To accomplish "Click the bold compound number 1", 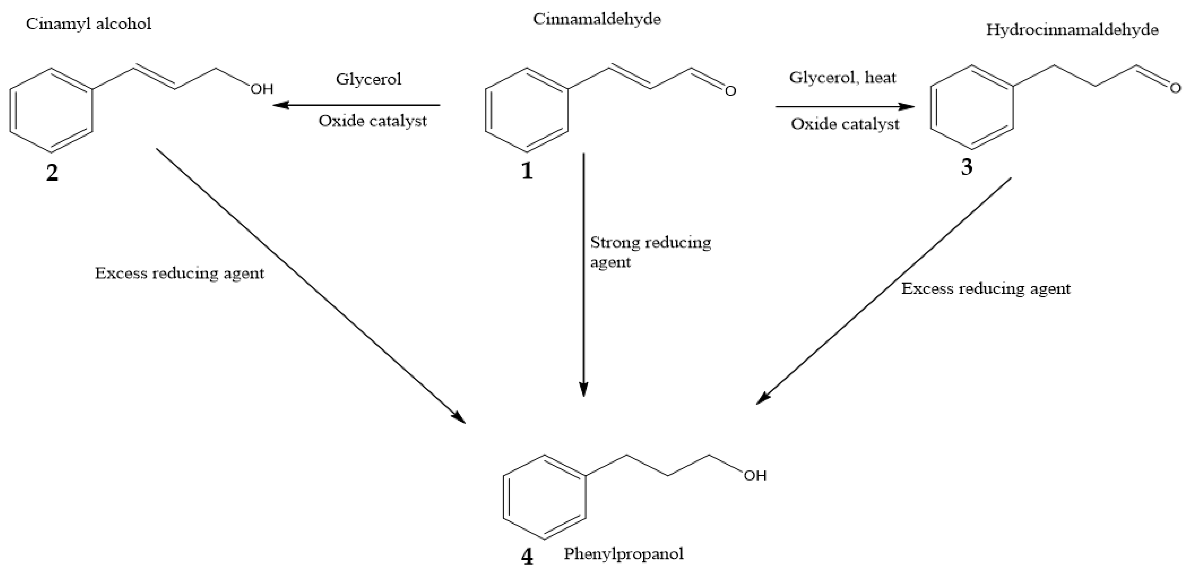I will point(527,171).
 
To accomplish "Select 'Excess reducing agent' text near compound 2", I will point(180,273).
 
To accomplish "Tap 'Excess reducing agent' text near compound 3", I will point(986,288).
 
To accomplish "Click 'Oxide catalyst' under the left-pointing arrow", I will point(372,121).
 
